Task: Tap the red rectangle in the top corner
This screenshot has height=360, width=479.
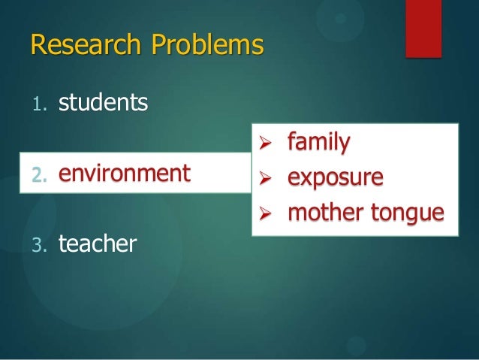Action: [423, 28]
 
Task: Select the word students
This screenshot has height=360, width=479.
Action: [104, 101]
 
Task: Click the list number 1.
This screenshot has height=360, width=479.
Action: [38, 104]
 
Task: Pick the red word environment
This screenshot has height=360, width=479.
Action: [125, 174]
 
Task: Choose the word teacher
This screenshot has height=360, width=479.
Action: [98, 244]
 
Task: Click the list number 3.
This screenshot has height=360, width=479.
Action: [38, 245]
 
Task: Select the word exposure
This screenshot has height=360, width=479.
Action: [336, 177]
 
